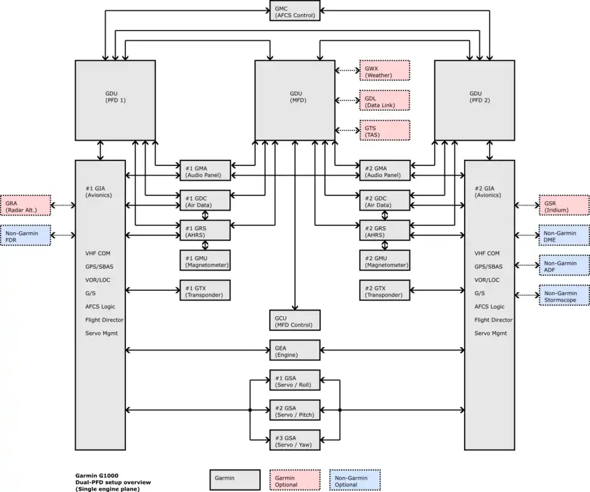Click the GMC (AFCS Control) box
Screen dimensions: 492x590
[295, 10]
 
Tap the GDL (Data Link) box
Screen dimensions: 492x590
[384, 100]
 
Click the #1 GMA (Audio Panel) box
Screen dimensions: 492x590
[205, 170]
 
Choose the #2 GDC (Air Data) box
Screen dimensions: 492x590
[384, 200]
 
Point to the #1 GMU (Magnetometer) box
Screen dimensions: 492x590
[205, 260]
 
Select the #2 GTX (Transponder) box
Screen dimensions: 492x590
[384, 290]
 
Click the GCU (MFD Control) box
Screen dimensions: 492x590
[295, 320]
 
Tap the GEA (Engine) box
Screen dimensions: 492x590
[295, 350]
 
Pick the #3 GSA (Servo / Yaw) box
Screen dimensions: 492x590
[295, 440]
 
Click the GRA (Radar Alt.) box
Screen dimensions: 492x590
[26, 205]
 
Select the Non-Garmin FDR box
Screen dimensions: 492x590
[26, 236]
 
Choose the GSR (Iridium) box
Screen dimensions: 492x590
[564, 205]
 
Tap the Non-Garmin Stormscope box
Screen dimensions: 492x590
[564, 295]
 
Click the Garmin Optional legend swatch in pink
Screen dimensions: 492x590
[295, 480]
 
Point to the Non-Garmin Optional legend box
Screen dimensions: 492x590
[355, 480]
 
